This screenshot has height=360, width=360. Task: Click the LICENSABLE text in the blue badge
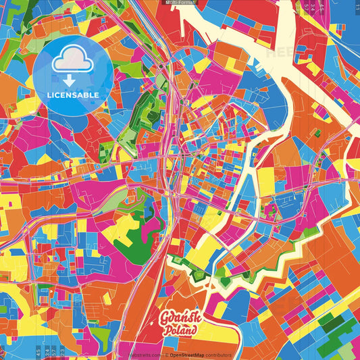tap(73, 95)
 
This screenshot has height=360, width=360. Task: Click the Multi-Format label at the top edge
tap(180, 3)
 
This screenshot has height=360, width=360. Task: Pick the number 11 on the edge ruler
tap(357, 5)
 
